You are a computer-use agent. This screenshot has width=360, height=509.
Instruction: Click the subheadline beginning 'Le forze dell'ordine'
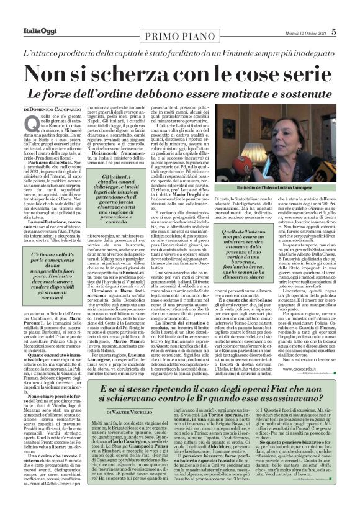179,93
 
